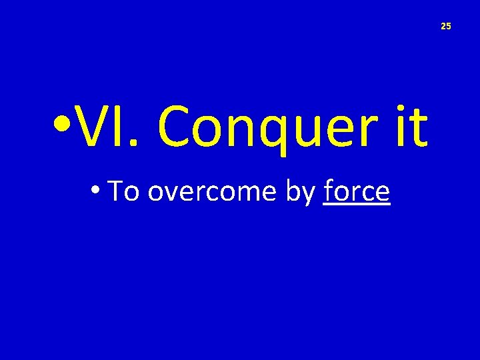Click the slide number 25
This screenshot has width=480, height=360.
tap(446, 26)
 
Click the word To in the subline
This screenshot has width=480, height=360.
tap(123, 191)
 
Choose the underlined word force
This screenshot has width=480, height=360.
tap(357, 192)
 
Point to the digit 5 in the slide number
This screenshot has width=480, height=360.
tap(449, 26)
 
